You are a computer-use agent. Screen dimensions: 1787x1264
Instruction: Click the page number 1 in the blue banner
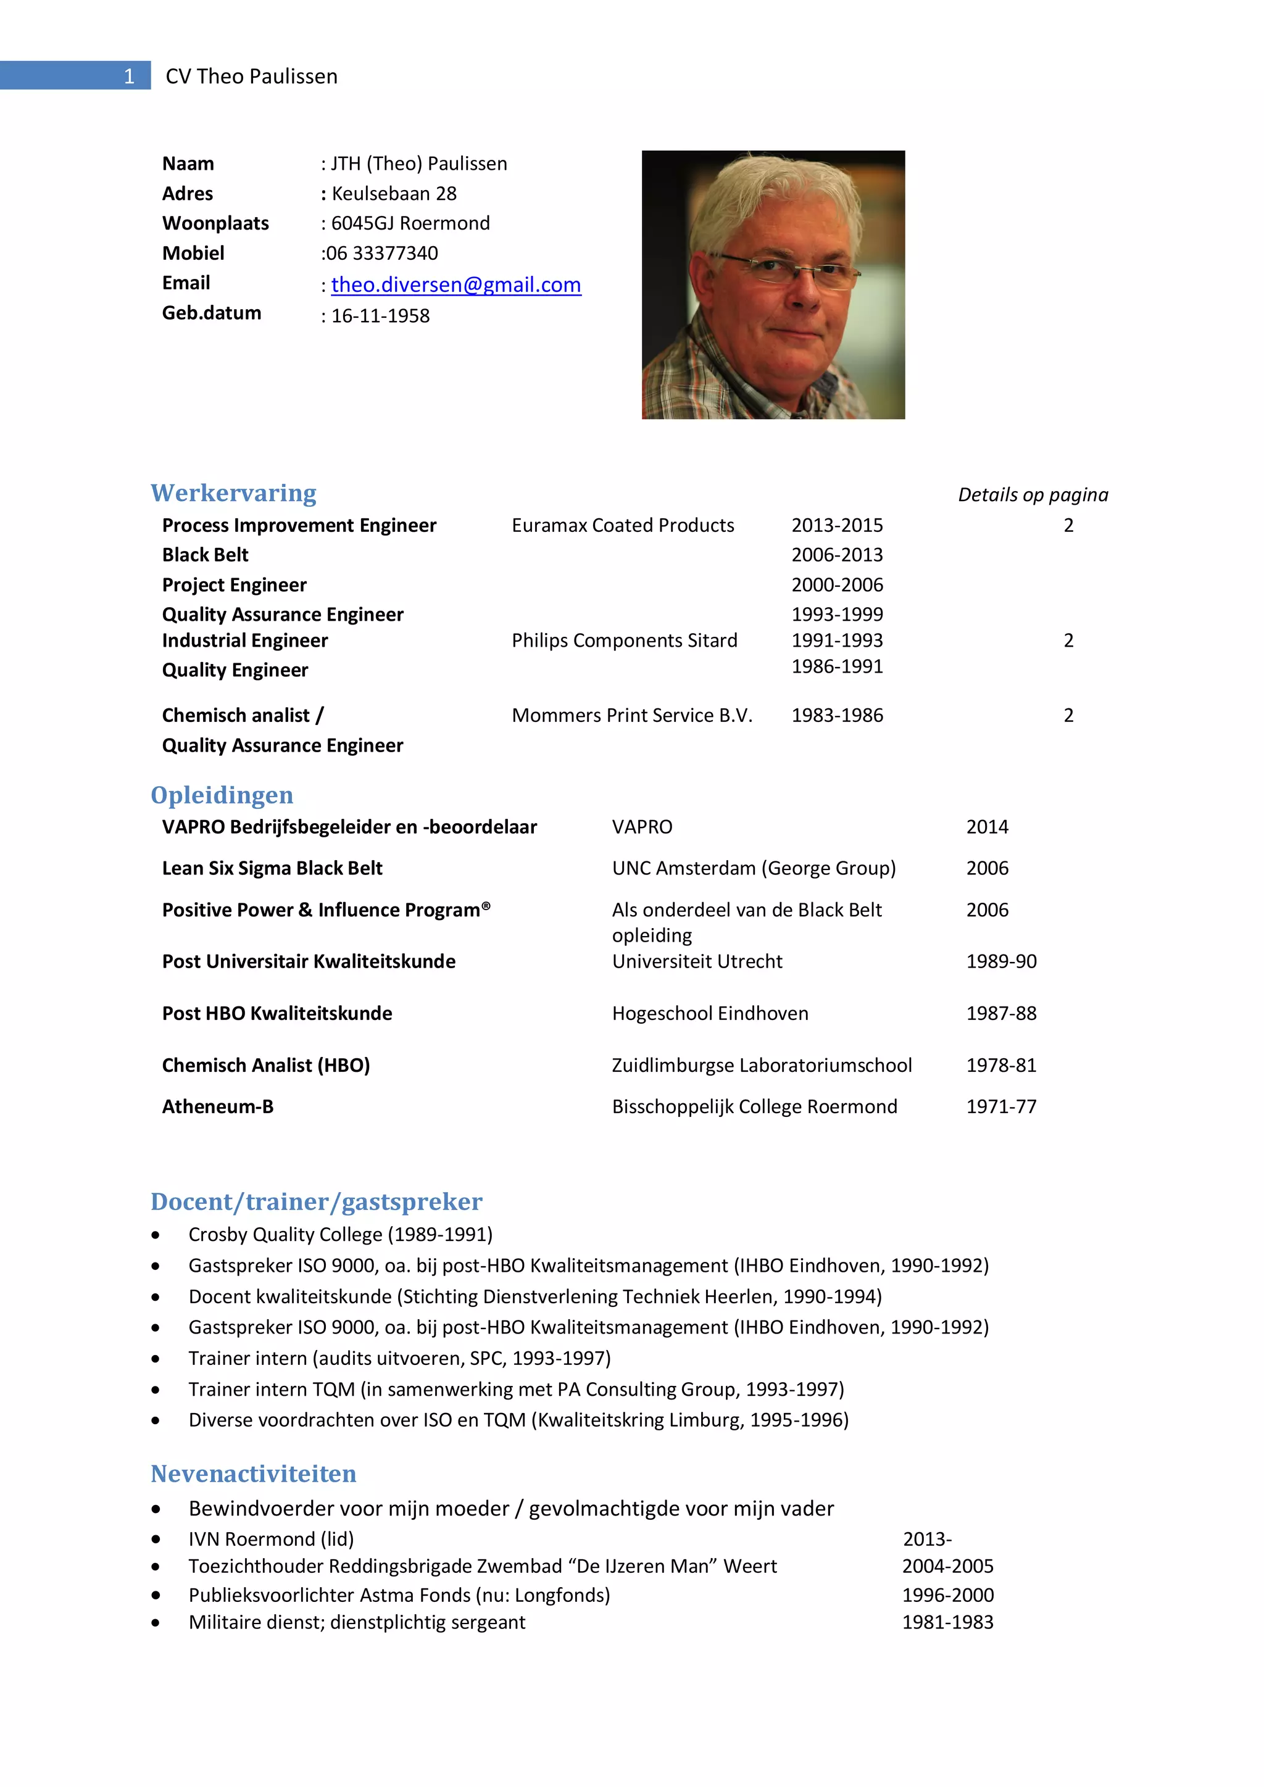point(129,77)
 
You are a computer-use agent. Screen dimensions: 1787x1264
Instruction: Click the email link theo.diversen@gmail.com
point(455,285)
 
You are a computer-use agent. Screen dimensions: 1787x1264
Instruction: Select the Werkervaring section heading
point(233,494)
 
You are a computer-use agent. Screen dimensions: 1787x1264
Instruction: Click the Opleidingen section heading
point(222,795)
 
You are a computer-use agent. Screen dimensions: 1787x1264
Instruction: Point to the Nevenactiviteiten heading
point(253,1474)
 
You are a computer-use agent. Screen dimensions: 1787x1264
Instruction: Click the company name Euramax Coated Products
point(623,525)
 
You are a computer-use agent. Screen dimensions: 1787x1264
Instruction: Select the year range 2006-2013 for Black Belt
point(837,555)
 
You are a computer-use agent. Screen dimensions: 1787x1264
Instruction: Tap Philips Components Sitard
point(624,641)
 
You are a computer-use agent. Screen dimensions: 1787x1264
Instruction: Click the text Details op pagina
point(1033,495)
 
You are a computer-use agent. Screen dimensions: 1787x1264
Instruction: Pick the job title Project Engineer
point(235,586)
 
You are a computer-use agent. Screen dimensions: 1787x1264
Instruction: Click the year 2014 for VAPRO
point(987,827)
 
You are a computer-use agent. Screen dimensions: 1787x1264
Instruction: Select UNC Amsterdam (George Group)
point(754,869)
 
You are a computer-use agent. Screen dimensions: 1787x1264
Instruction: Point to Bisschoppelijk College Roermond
point(754,1107)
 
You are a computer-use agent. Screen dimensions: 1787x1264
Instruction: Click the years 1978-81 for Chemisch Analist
point(1001,1066)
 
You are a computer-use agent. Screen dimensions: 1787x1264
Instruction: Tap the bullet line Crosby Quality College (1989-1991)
point(340,1235)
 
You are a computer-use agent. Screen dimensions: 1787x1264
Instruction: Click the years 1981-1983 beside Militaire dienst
point(947,1623)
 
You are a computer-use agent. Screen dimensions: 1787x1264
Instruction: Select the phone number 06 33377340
point(382,254)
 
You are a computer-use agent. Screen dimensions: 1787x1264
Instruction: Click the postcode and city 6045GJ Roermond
point(410,223)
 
